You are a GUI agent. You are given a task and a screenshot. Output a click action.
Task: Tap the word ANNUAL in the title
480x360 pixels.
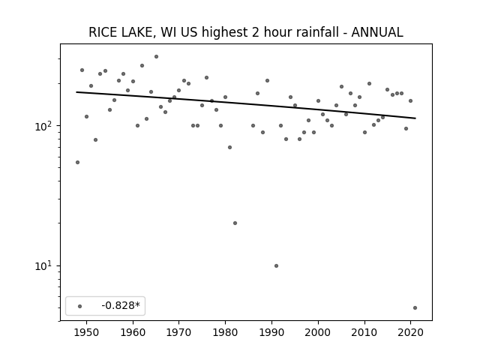pos(376,32)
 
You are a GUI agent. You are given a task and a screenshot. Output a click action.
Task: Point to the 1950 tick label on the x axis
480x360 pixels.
pos(87,332)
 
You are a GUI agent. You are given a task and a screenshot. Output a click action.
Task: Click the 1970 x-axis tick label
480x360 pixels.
pos(179,332)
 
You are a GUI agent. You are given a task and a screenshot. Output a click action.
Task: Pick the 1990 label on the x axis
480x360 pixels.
pos(271,332)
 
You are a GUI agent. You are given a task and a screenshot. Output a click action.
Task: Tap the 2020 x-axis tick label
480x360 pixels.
pos(410,332)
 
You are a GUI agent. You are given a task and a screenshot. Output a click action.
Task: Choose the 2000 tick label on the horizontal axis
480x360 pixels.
pos(318,332)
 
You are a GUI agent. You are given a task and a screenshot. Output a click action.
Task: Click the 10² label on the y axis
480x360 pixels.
pos(45,126)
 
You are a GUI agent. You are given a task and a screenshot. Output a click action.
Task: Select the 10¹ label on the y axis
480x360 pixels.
pos(45,265)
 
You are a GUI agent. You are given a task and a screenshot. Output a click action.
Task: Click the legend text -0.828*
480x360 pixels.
pos(121,305)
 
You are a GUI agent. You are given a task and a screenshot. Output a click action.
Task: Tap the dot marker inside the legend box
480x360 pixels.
pos(80,306)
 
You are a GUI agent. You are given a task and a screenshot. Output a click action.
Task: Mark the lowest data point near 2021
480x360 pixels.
pos(415,308)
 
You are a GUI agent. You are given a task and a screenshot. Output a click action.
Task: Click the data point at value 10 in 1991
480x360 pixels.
pos(277,265)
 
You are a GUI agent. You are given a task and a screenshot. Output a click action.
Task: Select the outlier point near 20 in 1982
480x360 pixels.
pos(235,223)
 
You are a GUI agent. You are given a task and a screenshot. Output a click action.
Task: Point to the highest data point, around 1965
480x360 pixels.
pos(157,57)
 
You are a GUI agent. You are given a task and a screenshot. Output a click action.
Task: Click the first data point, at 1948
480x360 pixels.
pos(78,162)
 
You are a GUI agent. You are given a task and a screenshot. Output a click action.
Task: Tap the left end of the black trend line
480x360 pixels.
pos(76,92)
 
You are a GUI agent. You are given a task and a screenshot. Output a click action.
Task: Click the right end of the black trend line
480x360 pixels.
pos(415,118)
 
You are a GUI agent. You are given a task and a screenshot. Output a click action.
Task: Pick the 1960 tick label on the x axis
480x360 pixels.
pos(133,332)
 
